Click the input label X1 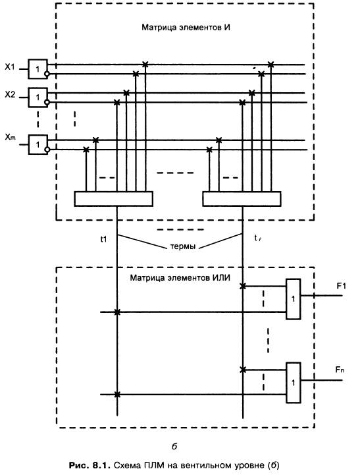[x=10, y=67]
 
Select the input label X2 [x=10, y=95]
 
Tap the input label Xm [x=10, y=137]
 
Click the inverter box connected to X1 [x=38, y=69]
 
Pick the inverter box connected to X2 [x=38, y=98]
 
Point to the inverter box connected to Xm [x=38, y=144]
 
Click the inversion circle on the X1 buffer [x=47, y=74]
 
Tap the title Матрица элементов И [x=186, y=28]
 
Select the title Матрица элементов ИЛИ [x=180, y=277]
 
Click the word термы [x=183, y=246]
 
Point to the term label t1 [x=103, y=239]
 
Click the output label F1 [x=341, y=286]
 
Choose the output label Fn [x=340, y=370]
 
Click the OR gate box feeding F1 [x=293, y=299]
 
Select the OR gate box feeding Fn [x=293, y=383]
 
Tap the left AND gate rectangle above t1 [x=113, y=199]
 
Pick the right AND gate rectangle [x=242, y=199]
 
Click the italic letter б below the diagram [x=174, y=446]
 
